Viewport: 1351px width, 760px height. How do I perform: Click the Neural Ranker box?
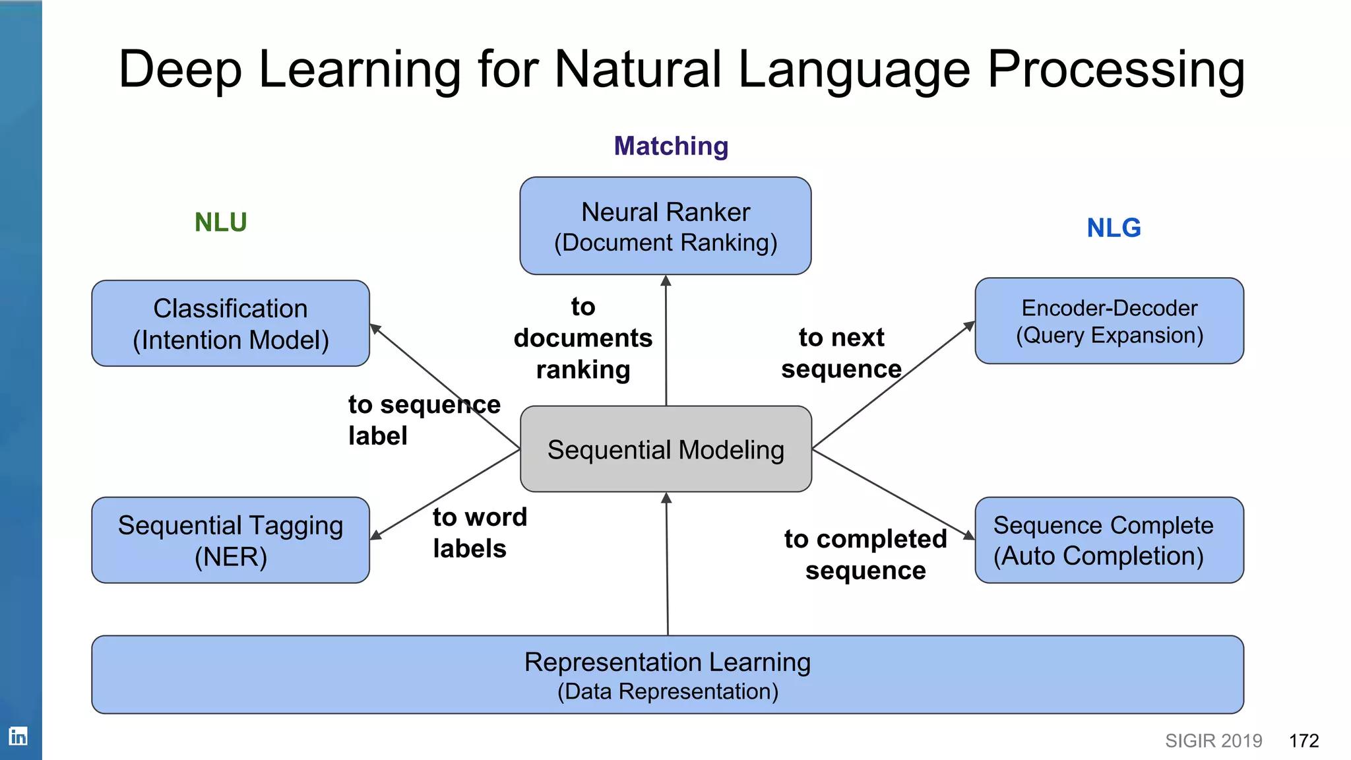[665, 226]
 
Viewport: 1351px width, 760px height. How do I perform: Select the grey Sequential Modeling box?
[666, 449]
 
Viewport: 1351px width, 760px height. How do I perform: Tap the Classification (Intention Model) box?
[230, 323]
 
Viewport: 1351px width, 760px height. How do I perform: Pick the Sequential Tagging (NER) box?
[230, 540]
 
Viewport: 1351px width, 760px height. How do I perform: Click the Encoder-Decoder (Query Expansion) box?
[1109, 321]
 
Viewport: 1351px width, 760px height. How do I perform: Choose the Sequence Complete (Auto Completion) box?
[1109, 540]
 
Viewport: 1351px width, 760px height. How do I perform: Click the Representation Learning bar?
[667, 675]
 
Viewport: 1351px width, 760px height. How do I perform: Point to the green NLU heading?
[220, 222]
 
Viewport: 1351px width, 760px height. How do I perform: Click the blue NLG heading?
[1114, 228]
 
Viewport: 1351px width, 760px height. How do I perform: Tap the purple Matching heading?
[671, 146]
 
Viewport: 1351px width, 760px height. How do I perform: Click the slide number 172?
[1304, 741]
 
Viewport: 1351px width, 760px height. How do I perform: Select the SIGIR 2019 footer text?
[1213, 741]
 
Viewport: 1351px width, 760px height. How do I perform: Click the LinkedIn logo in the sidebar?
[18, 736]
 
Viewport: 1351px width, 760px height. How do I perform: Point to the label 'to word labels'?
[479, 533]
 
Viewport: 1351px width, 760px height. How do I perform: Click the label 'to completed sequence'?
[865, 555]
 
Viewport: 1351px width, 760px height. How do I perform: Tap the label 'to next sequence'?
[841, 353]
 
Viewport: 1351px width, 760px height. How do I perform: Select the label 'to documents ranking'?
[583, 338]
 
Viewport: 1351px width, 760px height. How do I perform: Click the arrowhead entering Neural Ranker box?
[666, 281]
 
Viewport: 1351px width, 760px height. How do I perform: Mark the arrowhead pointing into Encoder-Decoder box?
[970, 325]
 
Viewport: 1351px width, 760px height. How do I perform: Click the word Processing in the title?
[1115, 70]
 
